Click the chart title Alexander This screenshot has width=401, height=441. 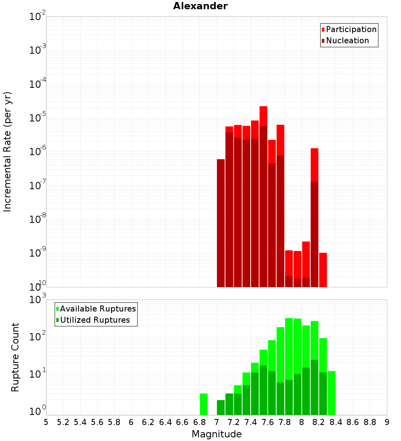click(200, 6)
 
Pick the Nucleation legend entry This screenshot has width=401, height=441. click(347, 40)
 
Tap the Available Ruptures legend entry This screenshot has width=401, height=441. click(98, 309)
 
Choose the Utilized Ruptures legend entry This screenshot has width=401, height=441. click(95, 320)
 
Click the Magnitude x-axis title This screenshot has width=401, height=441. click(217, 434)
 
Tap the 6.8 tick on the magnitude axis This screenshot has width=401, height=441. click(199, 422)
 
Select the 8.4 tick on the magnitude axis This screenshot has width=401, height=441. click(336, 422)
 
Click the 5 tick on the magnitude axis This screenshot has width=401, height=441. click(46, 422)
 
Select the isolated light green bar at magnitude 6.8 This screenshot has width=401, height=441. click(204, 404)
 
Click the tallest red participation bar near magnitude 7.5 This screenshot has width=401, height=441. click(263, 116)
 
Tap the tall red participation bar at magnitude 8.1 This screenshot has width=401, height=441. click(314, 164)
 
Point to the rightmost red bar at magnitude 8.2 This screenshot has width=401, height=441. click(323, 269)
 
